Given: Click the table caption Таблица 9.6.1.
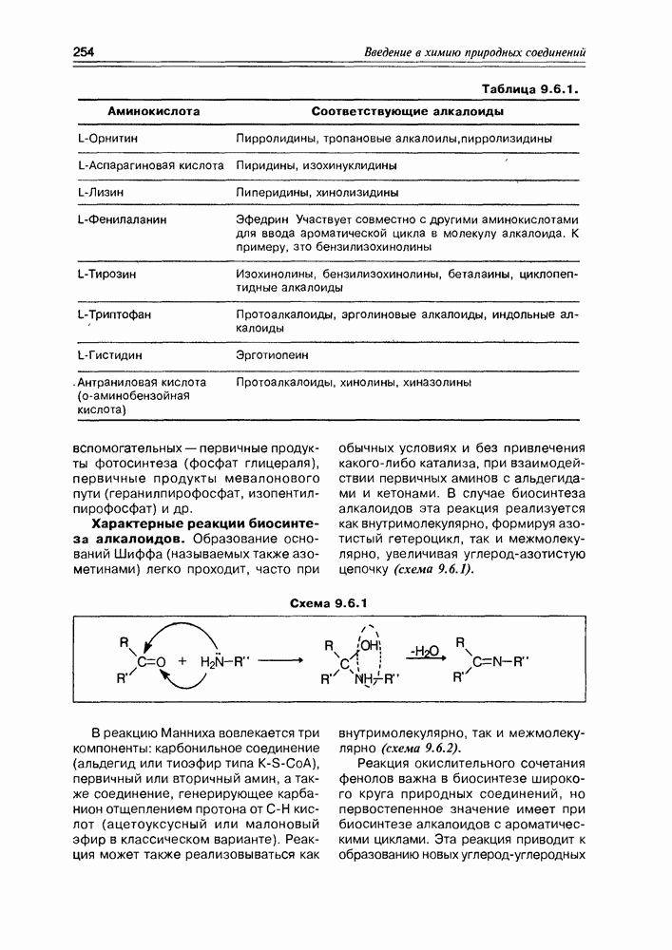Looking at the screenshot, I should [x=531, y=88].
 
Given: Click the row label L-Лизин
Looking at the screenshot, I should [x=102, y=192].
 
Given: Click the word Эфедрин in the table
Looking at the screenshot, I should [x=261, y=218].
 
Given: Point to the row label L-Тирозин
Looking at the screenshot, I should [x=106, y=274].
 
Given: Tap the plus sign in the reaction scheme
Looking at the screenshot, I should [x=182, y=661].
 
